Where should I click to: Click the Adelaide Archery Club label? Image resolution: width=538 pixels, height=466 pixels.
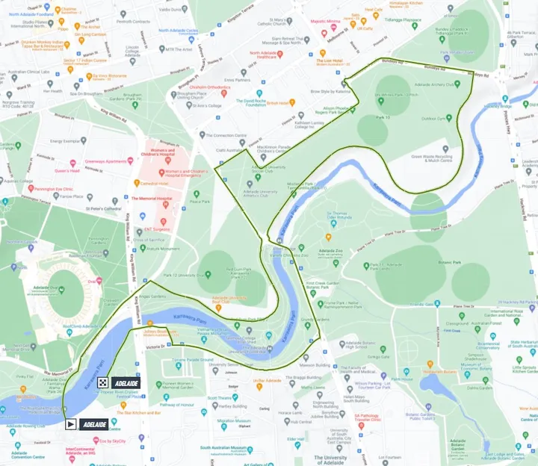coord(441,84)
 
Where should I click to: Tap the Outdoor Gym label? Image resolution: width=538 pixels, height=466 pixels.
coord(433,117)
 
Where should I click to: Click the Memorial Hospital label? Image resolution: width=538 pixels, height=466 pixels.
coord(152,199)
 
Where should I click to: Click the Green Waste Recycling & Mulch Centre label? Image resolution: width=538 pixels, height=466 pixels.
coord(431,158)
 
